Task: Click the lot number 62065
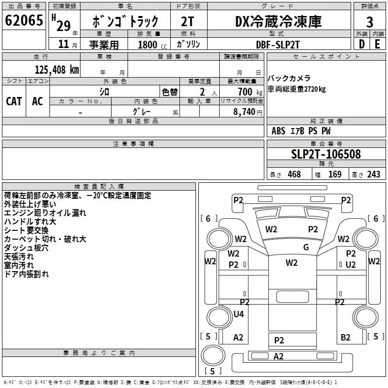tap(24, 20)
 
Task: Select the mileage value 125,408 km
tap(57, 70)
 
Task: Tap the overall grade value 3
tap(370, 22)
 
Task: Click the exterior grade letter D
tap(362, 44)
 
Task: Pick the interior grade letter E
tap(377, 44)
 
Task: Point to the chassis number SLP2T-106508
tap(326, 154)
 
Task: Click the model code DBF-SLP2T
tap(278, 45)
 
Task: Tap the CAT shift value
tap(14, 101)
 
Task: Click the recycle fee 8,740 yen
tap(248, 112)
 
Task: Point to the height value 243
tap(373, 174)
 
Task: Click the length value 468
tap(294, 174)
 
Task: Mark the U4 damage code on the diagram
tap(239, 314)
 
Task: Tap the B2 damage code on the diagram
tap(345, 337)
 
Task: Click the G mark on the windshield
tap(306, 247)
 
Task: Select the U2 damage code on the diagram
tap(351, 265)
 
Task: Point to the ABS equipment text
tap(278, 131)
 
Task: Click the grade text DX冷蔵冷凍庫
tap(278, 21)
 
